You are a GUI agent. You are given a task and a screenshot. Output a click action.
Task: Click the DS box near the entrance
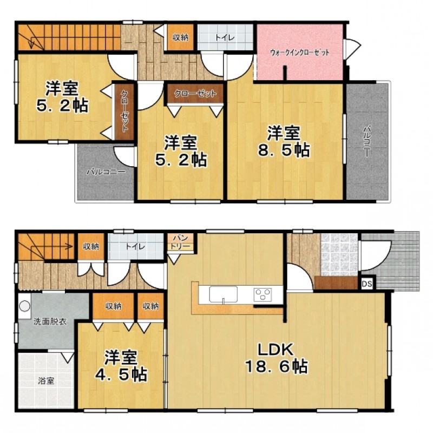point(367,284)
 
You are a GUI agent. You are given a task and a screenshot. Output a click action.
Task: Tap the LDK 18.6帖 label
point(277,358)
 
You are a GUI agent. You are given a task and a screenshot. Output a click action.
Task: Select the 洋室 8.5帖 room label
point(284,142)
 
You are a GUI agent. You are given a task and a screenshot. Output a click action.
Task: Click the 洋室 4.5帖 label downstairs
point(121,366)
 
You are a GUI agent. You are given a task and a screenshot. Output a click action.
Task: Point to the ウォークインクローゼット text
point(300,53)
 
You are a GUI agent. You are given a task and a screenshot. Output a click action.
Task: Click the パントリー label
point(180,242)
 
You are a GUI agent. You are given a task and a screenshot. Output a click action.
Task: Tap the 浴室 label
point(46,381)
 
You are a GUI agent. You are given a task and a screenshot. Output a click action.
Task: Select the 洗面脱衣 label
point(50,322)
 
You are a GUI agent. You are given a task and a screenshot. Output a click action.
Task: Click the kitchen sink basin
point(223,294)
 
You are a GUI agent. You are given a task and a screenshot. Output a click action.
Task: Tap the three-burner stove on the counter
point(263,294)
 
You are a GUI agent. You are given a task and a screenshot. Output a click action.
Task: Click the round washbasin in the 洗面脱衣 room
point(24,306)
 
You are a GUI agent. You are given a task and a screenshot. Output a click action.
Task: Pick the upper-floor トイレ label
point(225,37)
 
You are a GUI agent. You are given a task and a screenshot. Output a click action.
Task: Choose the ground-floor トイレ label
point(135,246)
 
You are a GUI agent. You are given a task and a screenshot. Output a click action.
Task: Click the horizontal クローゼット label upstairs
point(195,94)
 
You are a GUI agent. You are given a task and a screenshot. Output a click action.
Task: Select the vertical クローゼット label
point(124,111)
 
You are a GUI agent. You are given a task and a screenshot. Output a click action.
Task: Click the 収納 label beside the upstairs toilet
point(180,37)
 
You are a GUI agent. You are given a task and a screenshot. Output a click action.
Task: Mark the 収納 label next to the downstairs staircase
point(91,246)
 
